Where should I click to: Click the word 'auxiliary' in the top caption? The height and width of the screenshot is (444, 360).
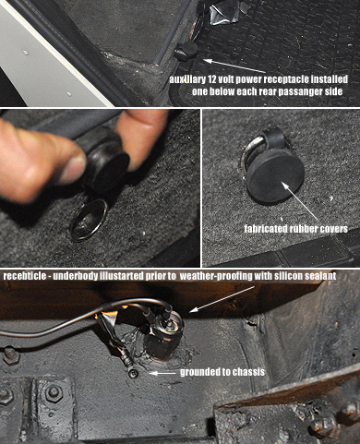(186, 79)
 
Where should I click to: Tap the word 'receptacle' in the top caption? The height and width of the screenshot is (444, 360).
(285, 79)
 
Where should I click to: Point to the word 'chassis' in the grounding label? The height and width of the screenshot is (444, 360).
(248, 372)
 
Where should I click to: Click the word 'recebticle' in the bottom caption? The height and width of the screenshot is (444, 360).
(23, 276)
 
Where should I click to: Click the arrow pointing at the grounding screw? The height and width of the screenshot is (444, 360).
(162, 373)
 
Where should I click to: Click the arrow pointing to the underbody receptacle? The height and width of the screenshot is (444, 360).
(222, 299)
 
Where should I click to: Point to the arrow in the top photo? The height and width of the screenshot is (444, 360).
(231, 66)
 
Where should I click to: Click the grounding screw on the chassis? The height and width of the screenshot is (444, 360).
(133, 374)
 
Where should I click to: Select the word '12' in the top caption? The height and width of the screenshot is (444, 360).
(212, 79)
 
